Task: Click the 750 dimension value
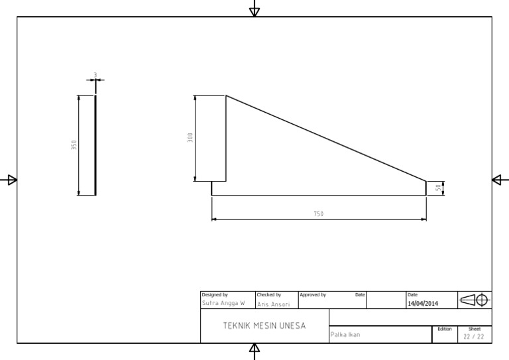click(x=319, y=213)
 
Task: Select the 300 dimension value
click(x=190, y=138)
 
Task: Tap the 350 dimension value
click(x=74, y=145)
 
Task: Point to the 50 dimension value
click(x=438, y=188)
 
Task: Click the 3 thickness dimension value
click(x=95, y=75)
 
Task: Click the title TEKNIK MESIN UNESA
click(x=264, y=326)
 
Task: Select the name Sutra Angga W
click(x=223, y=303)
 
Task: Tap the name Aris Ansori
click(x=274, y=304)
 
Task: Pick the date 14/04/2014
click(x=423, y=303)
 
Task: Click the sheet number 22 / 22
click(x=474, y=336)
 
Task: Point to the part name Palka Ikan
click(x=345, y=335)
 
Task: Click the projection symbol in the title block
click(x=475, y=300)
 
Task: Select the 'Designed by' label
click(x=215, y=294)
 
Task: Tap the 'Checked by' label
click(x=269, y=294)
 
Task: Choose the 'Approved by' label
click(x=313, y=294)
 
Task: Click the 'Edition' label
click(x=444, y=329)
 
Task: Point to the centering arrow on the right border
click(x=498, y=180)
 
